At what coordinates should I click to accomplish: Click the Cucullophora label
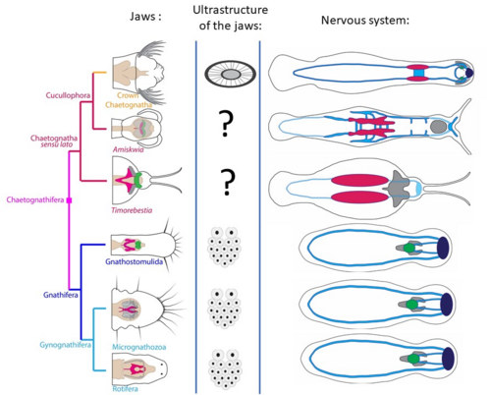coord(68,95)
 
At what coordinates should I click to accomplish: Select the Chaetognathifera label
coord(35,199)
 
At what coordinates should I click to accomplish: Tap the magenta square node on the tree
coord(69,200)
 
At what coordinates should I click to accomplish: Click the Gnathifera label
coord(61,295)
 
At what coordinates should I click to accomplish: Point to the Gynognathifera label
coord(65,345)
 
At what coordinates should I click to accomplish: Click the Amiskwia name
coord(128,149)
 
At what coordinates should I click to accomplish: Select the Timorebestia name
coord(132,210)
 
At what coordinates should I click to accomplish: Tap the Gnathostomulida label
coord(134,261)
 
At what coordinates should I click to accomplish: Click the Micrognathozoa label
coord(139,347)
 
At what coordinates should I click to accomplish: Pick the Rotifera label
coord(125,389)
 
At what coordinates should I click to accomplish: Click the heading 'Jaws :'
coord(145,17)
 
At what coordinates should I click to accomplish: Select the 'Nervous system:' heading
coord(365,21)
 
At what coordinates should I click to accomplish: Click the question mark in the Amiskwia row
coord(226,124)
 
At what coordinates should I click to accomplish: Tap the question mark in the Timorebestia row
coord(228,183)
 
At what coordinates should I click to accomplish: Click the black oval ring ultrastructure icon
coord(231,74)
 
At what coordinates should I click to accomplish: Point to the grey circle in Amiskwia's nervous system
coord(439,127)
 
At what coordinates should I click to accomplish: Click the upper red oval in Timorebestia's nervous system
coord(359,180)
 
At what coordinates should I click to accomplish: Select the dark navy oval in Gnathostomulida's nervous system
coord(443,248)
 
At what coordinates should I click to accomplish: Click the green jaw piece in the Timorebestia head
coord(138,180)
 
